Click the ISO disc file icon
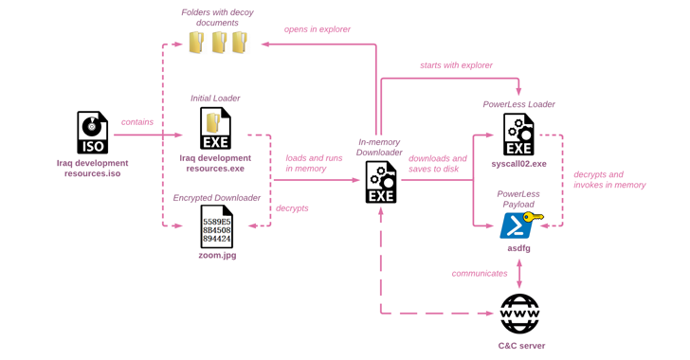(x=92, y=133)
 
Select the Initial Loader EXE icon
(x=215, y=129)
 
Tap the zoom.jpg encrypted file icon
(x=216, y=227)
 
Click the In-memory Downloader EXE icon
(x=381, y=182)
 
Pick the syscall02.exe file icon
(x=518, y=135)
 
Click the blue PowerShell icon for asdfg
(x=516, y=225)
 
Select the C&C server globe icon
(x=519, y=314)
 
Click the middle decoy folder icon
(x=218, y=43)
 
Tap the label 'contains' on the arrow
(x=137, y=122)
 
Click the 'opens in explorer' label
(x=318, y=29)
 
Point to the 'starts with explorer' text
(x=456, y=65)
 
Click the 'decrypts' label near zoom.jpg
(x=292, y=208)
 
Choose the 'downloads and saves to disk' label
(x=437, y=163)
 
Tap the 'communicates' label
(x=481, y=274)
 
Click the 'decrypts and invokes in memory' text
(x=609, y=180)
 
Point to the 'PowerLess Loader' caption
(x=518, y=104)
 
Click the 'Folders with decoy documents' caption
(x=217, y=17)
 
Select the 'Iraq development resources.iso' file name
(x=92, y=168)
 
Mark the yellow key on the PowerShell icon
(x=534, y=218)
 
